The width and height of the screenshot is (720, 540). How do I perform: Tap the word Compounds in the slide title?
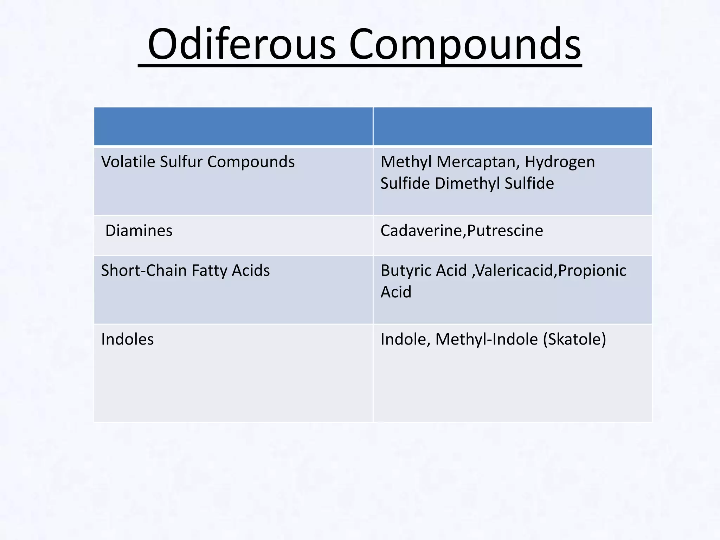(x=465, y=44)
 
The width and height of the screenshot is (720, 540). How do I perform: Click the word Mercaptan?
(x=478, y=162)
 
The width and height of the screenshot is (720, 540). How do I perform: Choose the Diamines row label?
(x=139, y=231)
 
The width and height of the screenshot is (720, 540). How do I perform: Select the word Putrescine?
(x=505, y=231)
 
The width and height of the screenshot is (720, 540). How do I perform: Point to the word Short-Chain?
(x=144, y=271)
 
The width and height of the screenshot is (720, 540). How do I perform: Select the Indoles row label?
(x=127, y=339)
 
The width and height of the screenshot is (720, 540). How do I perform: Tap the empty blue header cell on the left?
(x=233, y=126)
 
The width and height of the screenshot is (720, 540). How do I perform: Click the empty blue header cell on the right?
(x=513, y=126)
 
